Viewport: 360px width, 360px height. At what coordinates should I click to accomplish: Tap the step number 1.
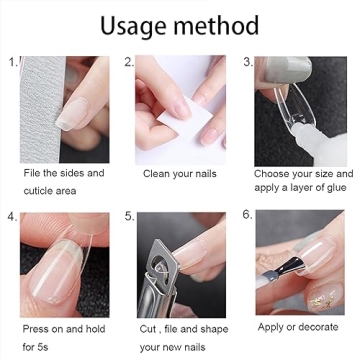[x=12, y=63]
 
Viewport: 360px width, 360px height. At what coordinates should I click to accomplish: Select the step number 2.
[x=129, y=62]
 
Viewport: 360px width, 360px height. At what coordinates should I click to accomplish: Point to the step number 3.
[x=246, y=62]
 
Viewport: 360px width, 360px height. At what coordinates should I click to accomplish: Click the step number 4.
[x=12, y=216]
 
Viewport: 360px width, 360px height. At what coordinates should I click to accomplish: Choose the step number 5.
[x=129, y=216]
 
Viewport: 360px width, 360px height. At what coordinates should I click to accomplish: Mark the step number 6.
[x=246, y=215]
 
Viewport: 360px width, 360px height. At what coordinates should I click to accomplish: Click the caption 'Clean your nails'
[x=181, y=174]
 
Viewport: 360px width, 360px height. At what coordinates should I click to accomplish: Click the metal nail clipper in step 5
[x=161, y=271]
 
